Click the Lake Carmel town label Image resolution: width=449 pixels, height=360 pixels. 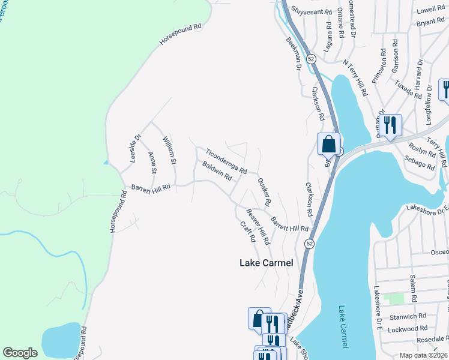[x=266, y=263]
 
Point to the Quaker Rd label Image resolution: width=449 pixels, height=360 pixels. [x=265, y=191]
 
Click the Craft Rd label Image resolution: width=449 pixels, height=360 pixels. [x=247, y=232]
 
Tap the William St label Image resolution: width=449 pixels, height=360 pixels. [x=169, y=151]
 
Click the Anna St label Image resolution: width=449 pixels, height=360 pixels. [x=152, y=163]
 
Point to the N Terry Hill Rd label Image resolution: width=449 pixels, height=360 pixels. [x=355, y=78]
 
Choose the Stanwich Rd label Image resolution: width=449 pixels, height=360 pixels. [x=408, y=316]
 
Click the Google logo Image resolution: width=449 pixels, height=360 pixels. [x=20, y=353]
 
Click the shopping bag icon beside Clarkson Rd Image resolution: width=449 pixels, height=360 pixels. [x=328, y=144]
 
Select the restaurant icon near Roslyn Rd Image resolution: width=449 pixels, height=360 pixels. [x=391, y=125]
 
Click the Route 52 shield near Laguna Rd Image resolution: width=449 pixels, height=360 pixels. [x=310, y=59]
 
